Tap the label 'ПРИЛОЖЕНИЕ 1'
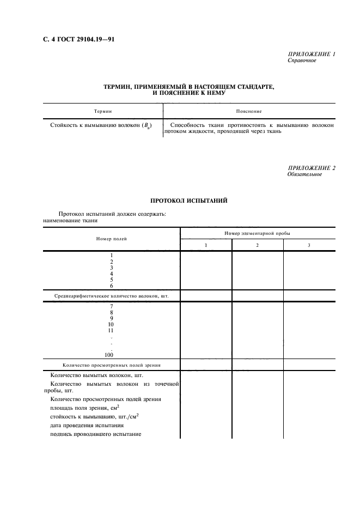[311, 54]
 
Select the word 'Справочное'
[302, 60]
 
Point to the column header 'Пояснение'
[249, 111]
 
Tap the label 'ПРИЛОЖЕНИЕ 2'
[311, 168]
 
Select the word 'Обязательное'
[304, 174]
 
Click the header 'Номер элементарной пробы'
[257, 233]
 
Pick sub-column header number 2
[257, 245]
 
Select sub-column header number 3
[309, 245]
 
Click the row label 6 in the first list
[111, 286]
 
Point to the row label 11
[111, 330]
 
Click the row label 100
[111, 355]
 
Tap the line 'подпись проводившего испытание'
[95, 434]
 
